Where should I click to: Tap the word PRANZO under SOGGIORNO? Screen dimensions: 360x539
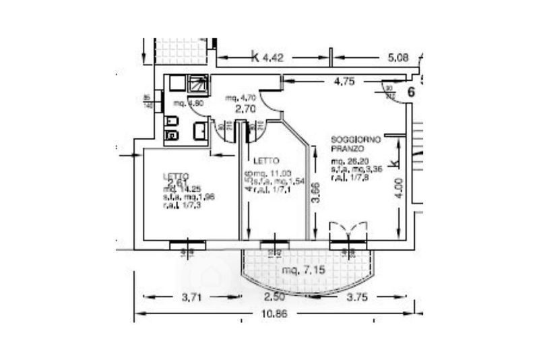348,147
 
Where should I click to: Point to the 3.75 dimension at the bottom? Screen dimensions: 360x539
357,297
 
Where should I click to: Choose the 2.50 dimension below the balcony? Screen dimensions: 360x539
274,297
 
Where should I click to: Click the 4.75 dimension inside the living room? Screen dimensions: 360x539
344,83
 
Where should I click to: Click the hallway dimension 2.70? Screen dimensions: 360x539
243,108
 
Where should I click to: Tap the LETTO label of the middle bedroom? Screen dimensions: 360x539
264,161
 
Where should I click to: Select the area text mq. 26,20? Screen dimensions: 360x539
349,162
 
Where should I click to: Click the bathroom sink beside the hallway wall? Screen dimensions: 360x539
200,131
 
